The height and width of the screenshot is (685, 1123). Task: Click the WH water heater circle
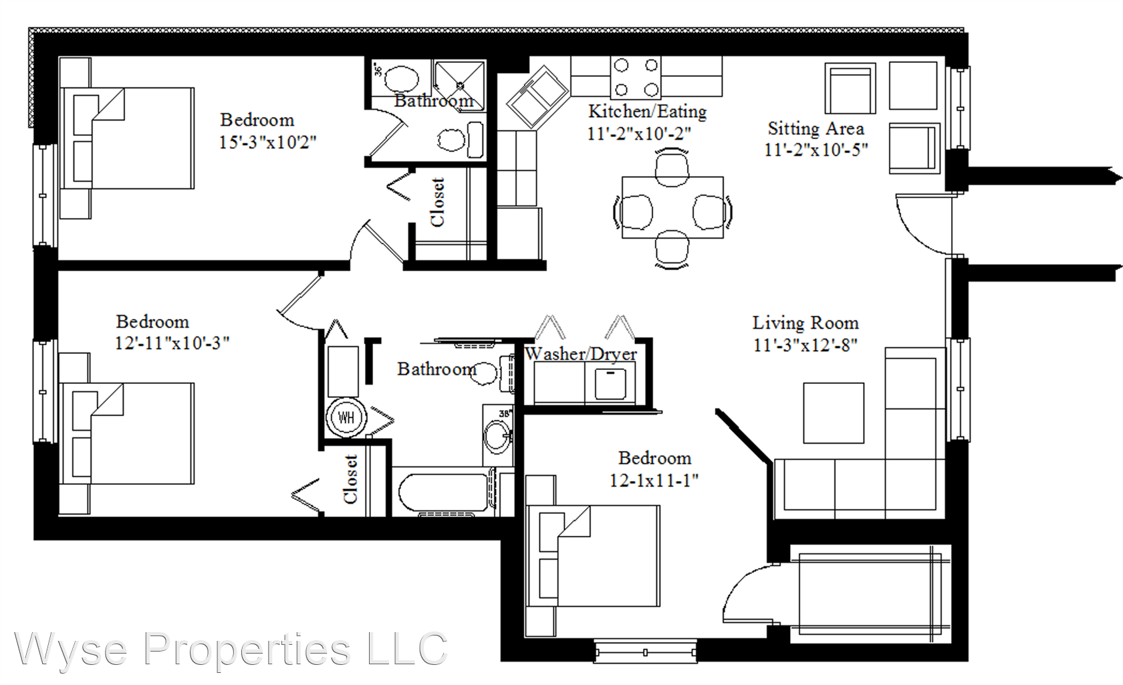coord(346,417)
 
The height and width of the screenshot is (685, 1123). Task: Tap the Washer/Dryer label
coord(581,354)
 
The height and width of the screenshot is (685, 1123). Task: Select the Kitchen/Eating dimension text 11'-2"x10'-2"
coord(639,134)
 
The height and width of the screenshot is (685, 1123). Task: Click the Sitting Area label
coord(816,128)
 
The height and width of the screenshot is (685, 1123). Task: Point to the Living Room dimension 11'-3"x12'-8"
coord(805,345)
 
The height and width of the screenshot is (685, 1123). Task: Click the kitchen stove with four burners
coord(636,78)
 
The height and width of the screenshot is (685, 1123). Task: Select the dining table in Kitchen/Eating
coord(672,207)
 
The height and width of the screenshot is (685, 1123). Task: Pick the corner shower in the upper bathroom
coord(460,86)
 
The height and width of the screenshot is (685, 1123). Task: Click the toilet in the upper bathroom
coord(461,140)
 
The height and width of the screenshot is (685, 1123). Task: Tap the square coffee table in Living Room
coord(834,413)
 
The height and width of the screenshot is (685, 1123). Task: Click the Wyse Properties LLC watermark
coord(231,650)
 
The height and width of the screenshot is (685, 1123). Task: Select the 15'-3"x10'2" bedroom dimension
coord(267,142)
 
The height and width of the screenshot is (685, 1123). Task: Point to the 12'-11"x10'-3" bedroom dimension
coord(172,343)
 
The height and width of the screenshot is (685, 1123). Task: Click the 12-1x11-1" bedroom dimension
coord(654,481)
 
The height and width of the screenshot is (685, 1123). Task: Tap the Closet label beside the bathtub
coord(350,479)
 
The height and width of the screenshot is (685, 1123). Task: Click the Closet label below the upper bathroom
coord(437,202)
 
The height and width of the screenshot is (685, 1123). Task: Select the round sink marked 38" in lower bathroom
coord(498,435)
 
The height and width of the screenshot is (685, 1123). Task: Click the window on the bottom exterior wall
coord(645,652)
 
